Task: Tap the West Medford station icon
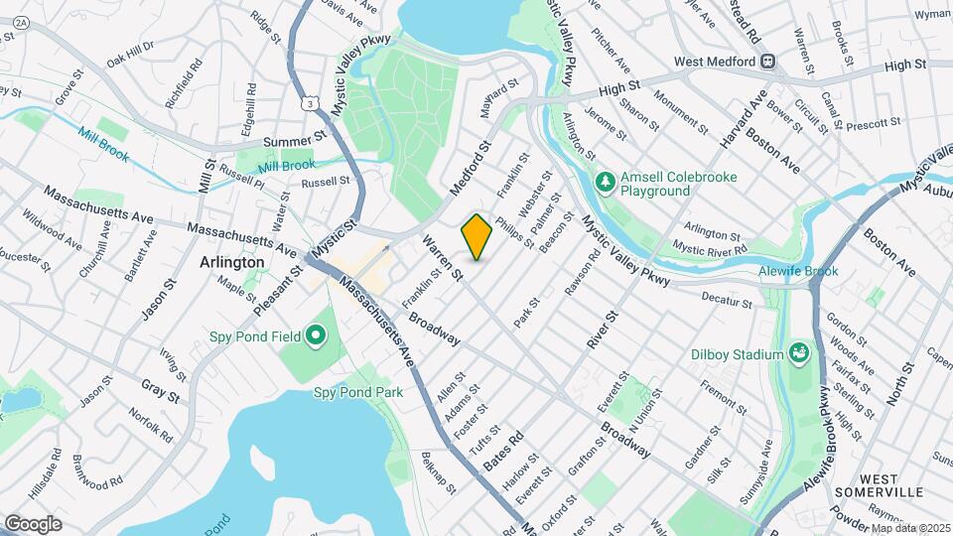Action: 767,62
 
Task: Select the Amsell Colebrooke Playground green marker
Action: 605,181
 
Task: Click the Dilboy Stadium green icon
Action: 799,352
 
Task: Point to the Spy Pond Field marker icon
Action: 316,336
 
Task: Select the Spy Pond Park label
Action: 358,392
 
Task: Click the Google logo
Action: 33,523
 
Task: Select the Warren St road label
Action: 443,256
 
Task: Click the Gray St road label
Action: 159,389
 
